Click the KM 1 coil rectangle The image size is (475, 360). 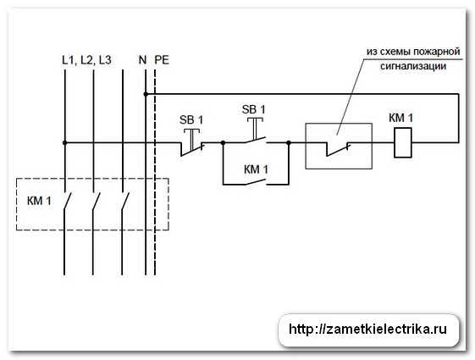click(402, 142)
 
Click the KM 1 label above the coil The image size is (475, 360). click(400, 118)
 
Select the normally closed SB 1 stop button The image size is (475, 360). click(192, 142)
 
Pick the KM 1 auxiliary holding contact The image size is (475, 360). click(256, 182)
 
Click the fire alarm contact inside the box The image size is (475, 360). click(339, 148)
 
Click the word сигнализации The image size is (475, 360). click(413, 66)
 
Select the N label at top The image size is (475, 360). click(142, 60)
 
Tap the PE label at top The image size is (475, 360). click(162, 60)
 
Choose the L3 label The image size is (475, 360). click(104, 60)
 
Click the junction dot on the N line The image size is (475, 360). click(146, 94)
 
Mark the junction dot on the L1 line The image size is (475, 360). click(64, 142)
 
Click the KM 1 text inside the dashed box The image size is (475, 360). click(39, 201)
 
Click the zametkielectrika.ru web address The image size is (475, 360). click(367, 330)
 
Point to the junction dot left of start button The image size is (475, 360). click(223, 142)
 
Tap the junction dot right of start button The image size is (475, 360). click(289, 142)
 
